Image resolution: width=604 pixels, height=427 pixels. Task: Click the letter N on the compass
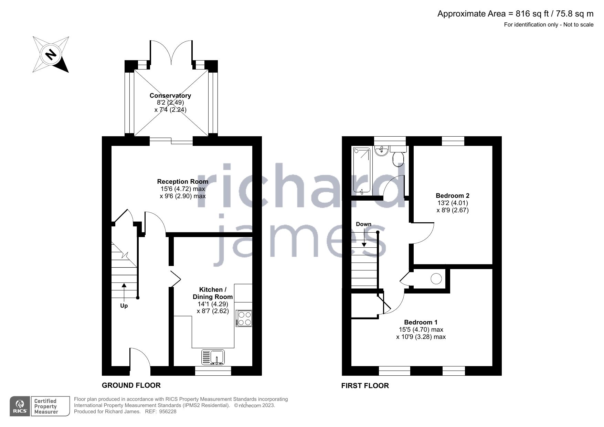pyautogui.click(x=51, y=54)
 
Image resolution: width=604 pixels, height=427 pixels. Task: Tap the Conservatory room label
pyautogui.click(x=170, y=96)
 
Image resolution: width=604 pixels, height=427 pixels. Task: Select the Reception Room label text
pyautogui.click(x=182, y=181)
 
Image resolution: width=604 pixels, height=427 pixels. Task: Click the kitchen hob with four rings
pyautogui.click(x=244, y=318)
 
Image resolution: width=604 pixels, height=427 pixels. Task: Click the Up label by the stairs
pyautogui.click(x=124, y=306)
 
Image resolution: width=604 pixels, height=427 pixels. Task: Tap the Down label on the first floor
pyautogui.click(x=363, y=224)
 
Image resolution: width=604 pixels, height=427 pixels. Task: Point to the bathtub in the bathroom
pyautogui.click(x=361, y=170)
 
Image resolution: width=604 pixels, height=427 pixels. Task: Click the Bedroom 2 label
pyautogui.click(x=453, y=196)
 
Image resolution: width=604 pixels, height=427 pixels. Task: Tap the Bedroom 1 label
pyautogui.click(x=421, y=322)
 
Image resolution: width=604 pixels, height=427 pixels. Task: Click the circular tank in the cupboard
pyautogui.click(x=436, y=278)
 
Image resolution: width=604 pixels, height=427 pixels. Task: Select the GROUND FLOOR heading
pyautogui.click(x=131, y=385)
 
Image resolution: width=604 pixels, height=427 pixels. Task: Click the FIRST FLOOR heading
pyautogui.click(x=365, y=386)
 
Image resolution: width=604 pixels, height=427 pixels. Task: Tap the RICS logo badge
pyautogui.click(x=20, y=406)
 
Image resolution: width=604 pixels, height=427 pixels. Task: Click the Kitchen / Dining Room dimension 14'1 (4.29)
pyautogui.click(x=212, y=304)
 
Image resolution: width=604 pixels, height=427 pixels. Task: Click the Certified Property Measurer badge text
pyautogui.click(x=46, y=406)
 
